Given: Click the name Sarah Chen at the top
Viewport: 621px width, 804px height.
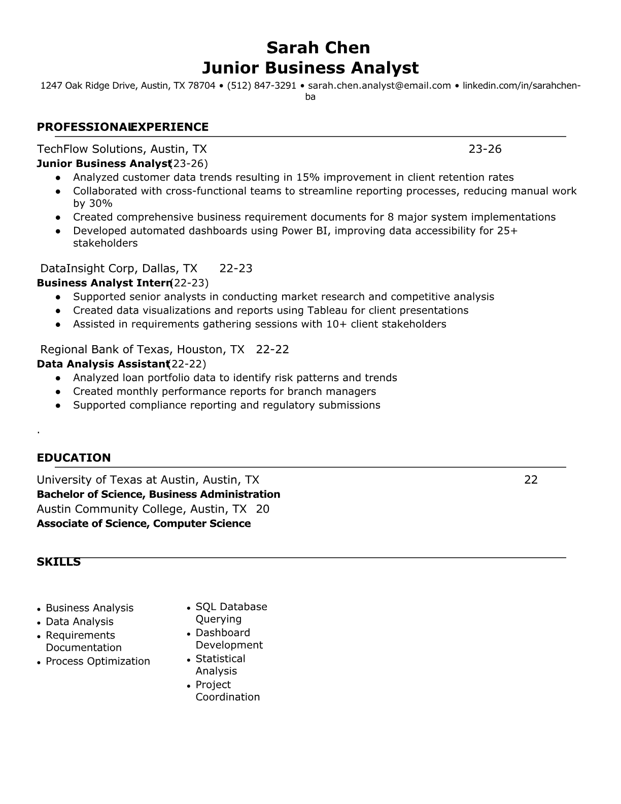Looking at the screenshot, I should click(x=318, y=48).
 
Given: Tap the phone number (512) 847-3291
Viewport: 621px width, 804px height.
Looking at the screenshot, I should click(x=261, y=85).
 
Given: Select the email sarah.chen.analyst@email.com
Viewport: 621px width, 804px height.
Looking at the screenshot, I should click(x=379, y=85).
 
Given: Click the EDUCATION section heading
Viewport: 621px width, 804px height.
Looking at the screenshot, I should click(x=74, y=458).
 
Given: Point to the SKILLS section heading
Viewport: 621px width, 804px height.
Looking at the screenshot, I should click(x=59, y=562).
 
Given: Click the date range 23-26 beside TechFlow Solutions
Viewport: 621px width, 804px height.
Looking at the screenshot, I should click(x=485, y=149).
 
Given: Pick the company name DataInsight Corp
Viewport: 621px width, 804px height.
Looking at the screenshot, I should click(x=87, y=269).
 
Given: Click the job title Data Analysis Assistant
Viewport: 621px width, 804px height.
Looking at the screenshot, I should click(x=102, y=364).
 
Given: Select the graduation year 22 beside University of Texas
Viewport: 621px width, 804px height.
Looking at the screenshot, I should click(x=531, y=480).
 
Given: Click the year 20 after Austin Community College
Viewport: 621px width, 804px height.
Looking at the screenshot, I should click(x=263, y=509).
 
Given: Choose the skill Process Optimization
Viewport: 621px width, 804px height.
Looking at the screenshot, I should click(x=98, y=661).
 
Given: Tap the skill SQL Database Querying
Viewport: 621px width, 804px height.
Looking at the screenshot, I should click(x=231, y=613).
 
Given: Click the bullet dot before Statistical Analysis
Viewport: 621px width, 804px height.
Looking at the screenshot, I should click(x=189, y=660).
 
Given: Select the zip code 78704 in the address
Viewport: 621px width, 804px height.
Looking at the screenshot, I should click(x=201, y=85).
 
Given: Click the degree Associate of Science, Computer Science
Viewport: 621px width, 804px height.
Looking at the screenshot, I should click(x=144, y=523).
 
